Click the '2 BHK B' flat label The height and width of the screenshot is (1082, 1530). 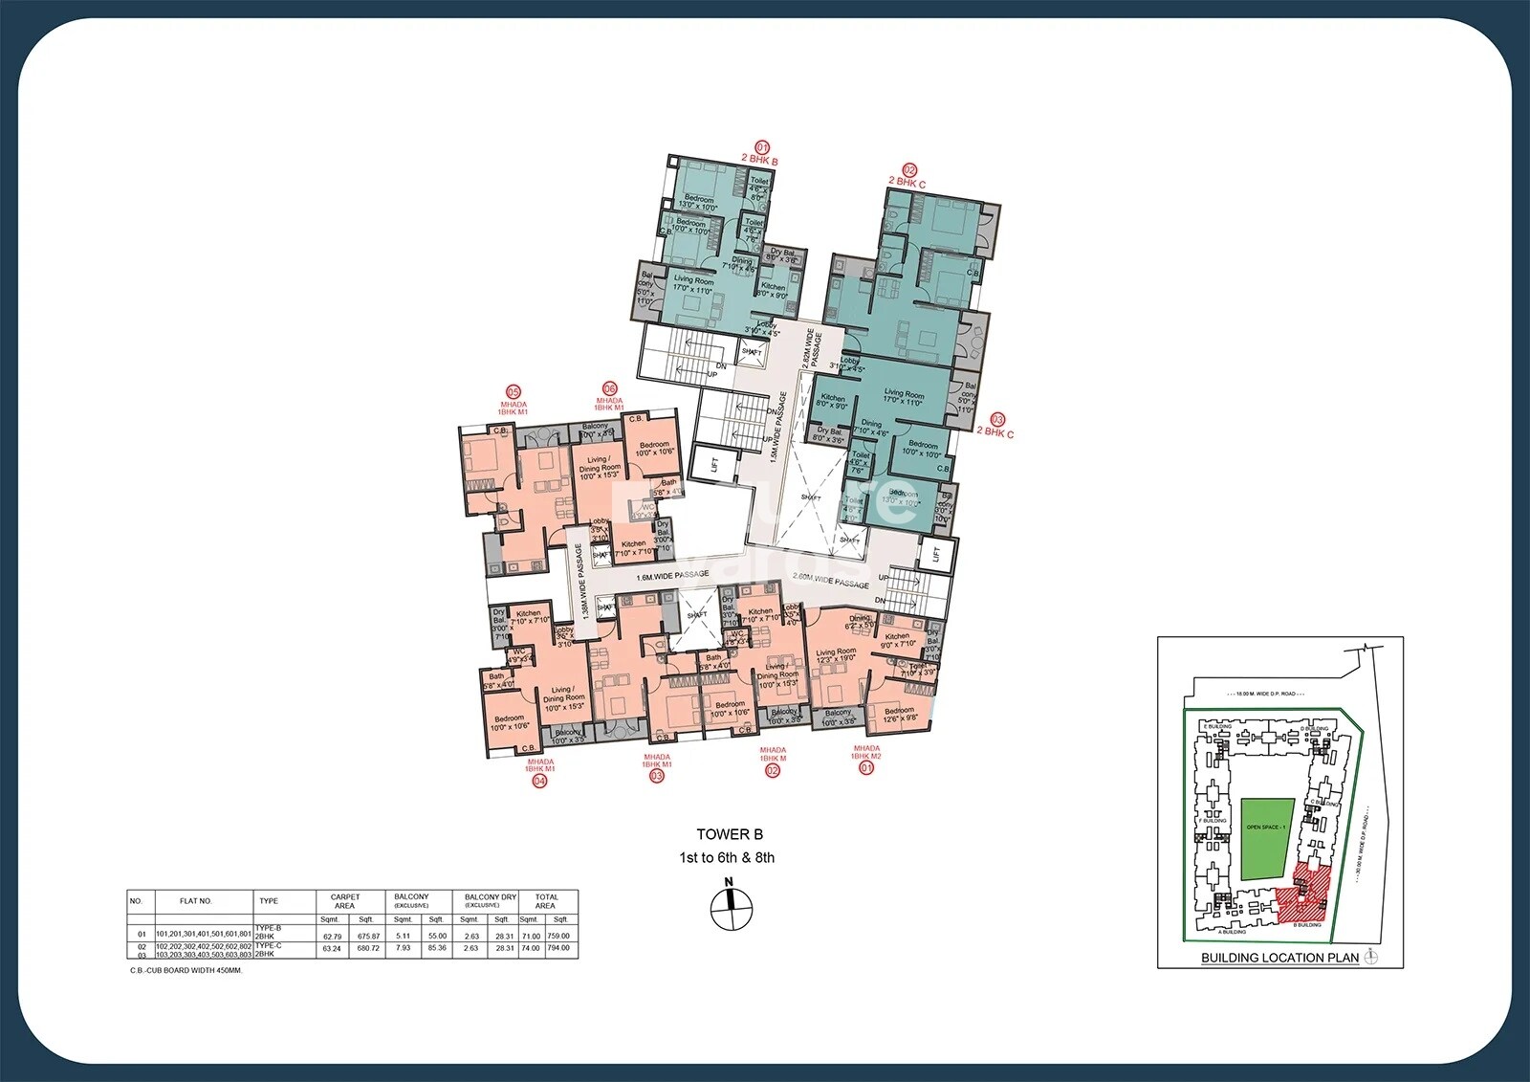[x=760, y=161]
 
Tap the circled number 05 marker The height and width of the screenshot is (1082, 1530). [x=514, y=391]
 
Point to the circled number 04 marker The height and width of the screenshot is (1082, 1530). [x=539, y=781]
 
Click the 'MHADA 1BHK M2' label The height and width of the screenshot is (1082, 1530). [x=866, y=752]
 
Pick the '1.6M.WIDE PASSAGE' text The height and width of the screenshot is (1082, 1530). [x=673, y=576]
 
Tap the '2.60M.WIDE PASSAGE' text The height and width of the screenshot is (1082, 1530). [x=830, y=580]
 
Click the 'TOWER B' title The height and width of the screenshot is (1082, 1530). [x=729, y=834]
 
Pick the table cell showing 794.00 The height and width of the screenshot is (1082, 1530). [x=558, y=948]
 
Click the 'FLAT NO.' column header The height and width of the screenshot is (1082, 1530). [x=196, y=901]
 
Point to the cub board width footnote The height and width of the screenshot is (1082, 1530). [x=186, y=970]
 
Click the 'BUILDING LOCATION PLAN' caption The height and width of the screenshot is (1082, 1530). [x=1279, y=958]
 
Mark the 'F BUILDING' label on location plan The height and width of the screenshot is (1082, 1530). [x=1213, y=821]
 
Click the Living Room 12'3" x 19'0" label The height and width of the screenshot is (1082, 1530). [x=836, y=655]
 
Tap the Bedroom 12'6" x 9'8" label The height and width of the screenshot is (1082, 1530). [x=899, y=715]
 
